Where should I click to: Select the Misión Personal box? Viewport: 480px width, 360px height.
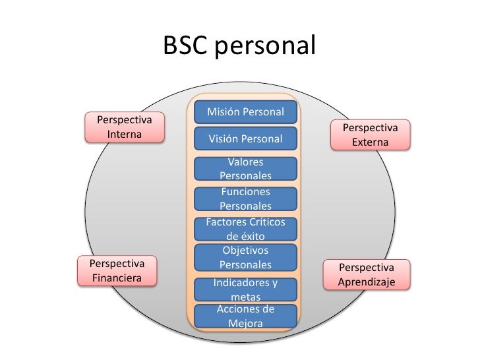245,112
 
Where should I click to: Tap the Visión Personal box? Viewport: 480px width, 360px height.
245,139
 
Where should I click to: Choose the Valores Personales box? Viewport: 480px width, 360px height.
245,169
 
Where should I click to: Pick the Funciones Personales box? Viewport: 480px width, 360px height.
245,198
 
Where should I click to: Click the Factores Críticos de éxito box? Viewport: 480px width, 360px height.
245,228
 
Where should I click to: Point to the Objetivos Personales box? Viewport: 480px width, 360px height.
245,257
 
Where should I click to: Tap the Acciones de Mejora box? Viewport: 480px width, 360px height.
245,316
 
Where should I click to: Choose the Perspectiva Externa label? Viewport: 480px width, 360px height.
370,135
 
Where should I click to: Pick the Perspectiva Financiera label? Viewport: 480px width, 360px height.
117,271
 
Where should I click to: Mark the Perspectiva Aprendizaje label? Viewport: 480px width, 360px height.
366,275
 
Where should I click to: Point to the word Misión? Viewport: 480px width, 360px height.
223,112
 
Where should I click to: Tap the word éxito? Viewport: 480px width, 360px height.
245,235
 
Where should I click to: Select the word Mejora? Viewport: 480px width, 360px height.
245,324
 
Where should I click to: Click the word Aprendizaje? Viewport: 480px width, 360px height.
366,282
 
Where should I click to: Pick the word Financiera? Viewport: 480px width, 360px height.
117,278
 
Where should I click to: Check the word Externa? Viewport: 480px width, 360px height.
370,142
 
